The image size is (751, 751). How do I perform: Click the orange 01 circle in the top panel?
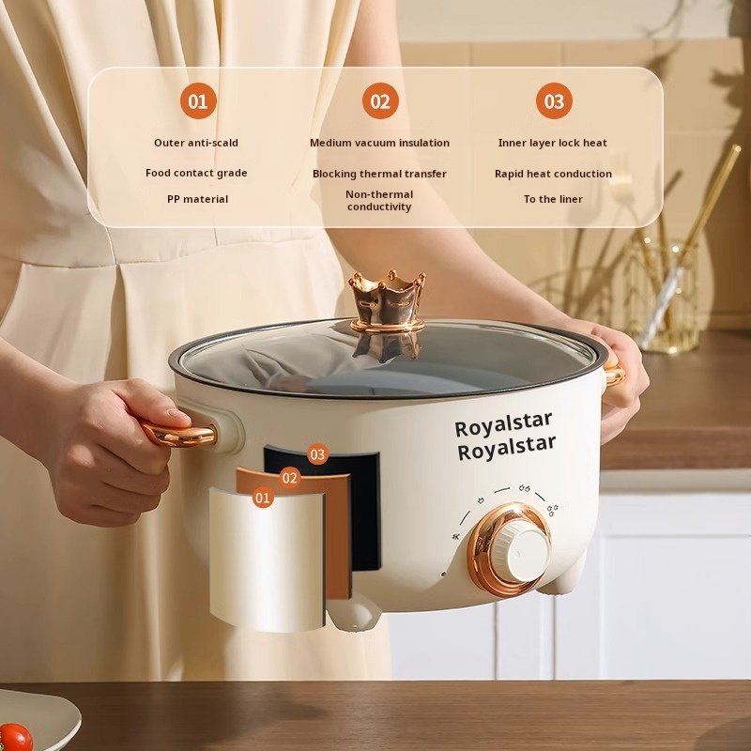198,101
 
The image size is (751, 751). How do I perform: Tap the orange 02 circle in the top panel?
380,101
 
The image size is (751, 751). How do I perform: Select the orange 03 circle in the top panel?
554,101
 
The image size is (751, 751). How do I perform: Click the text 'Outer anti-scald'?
196,143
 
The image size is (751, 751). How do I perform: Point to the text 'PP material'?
197,199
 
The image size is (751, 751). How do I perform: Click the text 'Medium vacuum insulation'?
379,143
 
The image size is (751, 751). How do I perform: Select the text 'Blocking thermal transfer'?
379,174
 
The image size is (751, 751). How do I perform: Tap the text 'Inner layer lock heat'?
552,143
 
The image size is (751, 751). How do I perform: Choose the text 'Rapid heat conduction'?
553,174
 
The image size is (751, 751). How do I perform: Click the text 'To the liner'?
553,199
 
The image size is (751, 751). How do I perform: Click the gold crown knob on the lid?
387,300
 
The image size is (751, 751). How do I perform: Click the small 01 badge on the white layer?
263,498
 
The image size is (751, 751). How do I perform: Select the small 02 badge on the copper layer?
290,478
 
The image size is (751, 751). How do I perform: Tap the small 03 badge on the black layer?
317,454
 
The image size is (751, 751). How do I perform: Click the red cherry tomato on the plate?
14,738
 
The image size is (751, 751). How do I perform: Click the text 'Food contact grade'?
196,173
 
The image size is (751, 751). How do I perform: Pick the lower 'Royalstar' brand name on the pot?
506,448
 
